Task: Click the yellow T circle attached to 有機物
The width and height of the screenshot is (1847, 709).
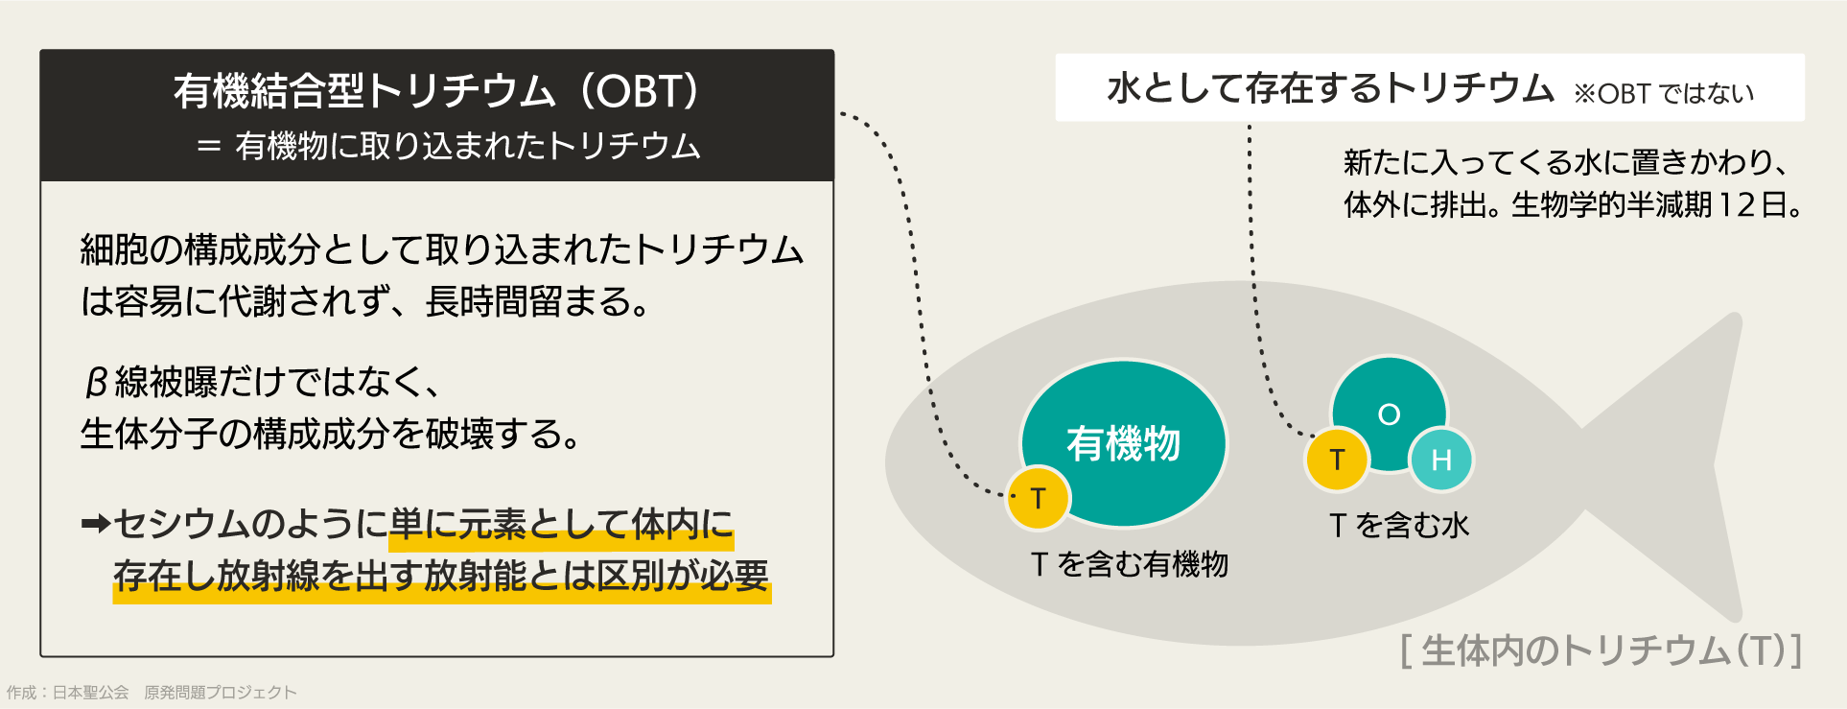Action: click(x=1038, y=498)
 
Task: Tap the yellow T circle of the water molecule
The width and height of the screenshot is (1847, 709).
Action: click(x=1337, y=460)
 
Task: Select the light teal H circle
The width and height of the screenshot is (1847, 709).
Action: click(x=1440, y=460)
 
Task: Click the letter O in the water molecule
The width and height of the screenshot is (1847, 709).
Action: click(x=1389, y=414)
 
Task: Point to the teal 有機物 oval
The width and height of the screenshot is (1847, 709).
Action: click(x=1123, y=443)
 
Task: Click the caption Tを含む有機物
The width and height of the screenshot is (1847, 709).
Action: click(x=1129, y=563)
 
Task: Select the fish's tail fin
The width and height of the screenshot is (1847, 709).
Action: click(x=1688, y=461)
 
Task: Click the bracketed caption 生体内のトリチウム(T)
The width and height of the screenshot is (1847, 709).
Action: click(x=1601, y=650)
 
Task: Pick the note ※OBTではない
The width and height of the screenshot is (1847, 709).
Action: click(x=1663, y=94)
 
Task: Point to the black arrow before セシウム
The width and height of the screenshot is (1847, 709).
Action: click(x=96, y=524)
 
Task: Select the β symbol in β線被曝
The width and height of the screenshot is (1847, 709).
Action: click(x=95, y=383)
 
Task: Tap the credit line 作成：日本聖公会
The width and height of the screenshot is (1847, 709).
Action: click(x=68, y=692)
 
